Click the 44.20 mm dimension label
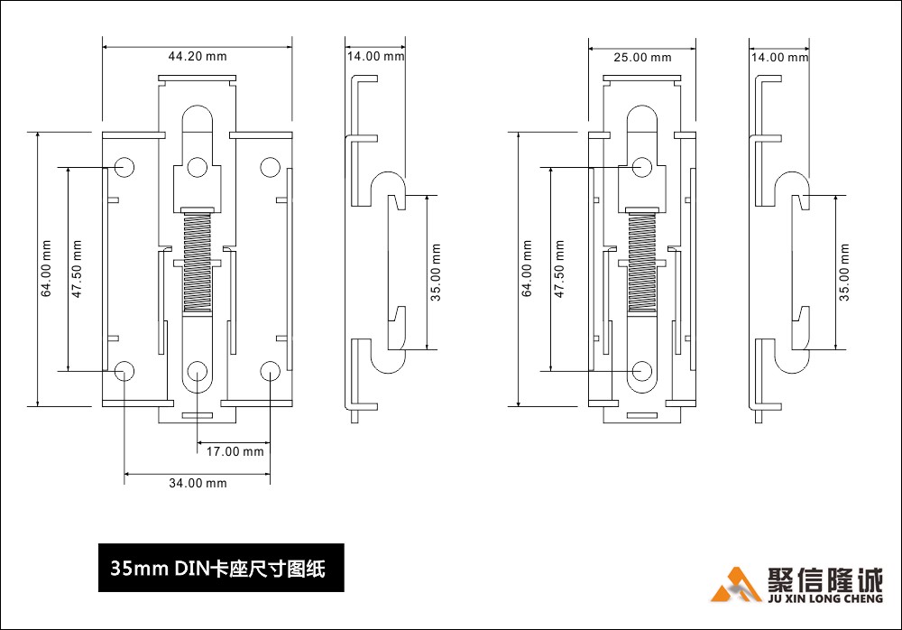(198, 56)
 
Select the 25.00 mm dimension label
(642, 58)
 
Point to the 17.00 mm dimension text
(234, 451)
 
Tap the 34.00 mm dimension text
(198, 483)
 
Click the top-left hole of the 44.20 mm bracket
(124, 167)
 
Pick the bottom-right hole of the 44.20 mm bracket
(270, 370)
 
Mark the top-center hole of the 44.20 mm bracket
(198, 167)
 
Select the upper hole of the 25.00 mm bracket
(642, 167)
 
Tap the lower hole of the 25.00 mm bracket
(642, 370)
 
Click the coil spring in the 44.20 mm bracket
(197, 262)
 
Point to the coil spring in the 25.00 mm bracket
(642, 262)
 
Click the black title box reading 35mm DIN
(221, 569)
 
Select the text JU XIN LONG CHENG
(826, 598)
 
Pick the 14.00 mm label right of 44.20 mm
(375, 57)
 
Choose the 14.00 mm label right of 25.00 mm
(779, 58)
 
